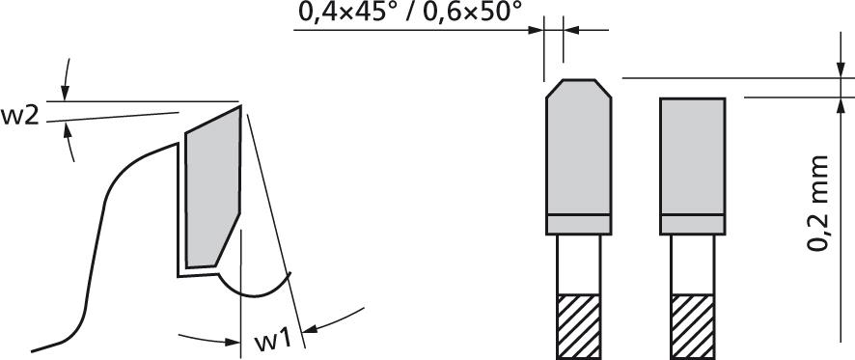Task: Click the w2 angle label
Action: pyautogui.click(x=19, y=117)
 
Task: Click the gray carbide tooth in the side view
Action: pyautogui.click(x=211, y=188)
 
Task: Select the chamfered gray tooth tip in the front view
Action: pyautogui.click(x=579, y=145)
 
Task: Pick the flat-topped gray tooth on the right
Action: pyautogui.click(x=693, y=154)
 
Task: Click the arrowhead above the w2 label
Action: pyautogui.click(x=65, y=93)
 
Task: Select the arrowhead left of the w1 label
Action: pyautogui.click(x=233, y=339)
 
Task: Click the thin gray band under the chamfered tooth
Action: pyautogui.click(x=578, y=225)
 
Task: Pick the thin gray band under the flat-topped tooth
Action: pyautogui.click(x=693, y=225)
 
